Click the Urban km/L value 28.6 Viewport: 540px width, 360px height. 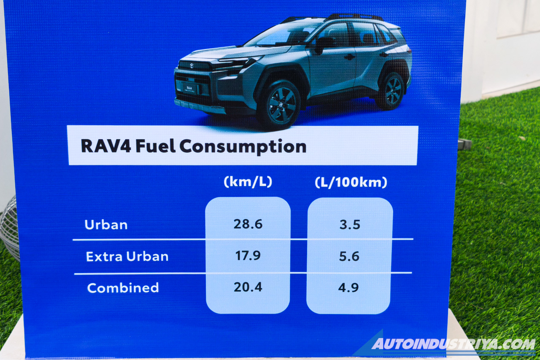pos(248,224)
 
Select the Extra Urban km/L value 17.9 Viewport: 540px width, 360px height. pos(248,255)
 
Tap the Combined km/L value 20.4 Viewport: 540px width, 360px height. pos(248,287)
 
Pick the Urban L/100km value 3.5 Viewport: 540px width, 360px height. pos(350,225)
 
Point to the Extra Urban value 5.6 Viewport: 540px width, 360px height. pos(349,256)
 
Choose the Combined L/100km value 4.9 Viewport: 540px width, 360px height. pos(349,288)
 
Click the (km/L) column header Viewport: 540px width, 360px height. pos(248,182)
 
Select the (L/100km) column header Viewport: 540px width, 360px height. pos(351,183)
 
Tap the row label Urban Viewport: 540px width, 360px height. pos(106,225)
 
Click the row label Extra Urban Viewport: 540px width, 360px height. pos(127,256)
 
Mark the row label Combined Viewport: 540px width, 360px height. pos(123,288)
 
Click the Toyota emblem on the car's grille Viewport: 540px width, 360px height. pos(192,66)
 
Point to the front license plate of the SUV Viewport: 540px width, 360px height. pos(187,88)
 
